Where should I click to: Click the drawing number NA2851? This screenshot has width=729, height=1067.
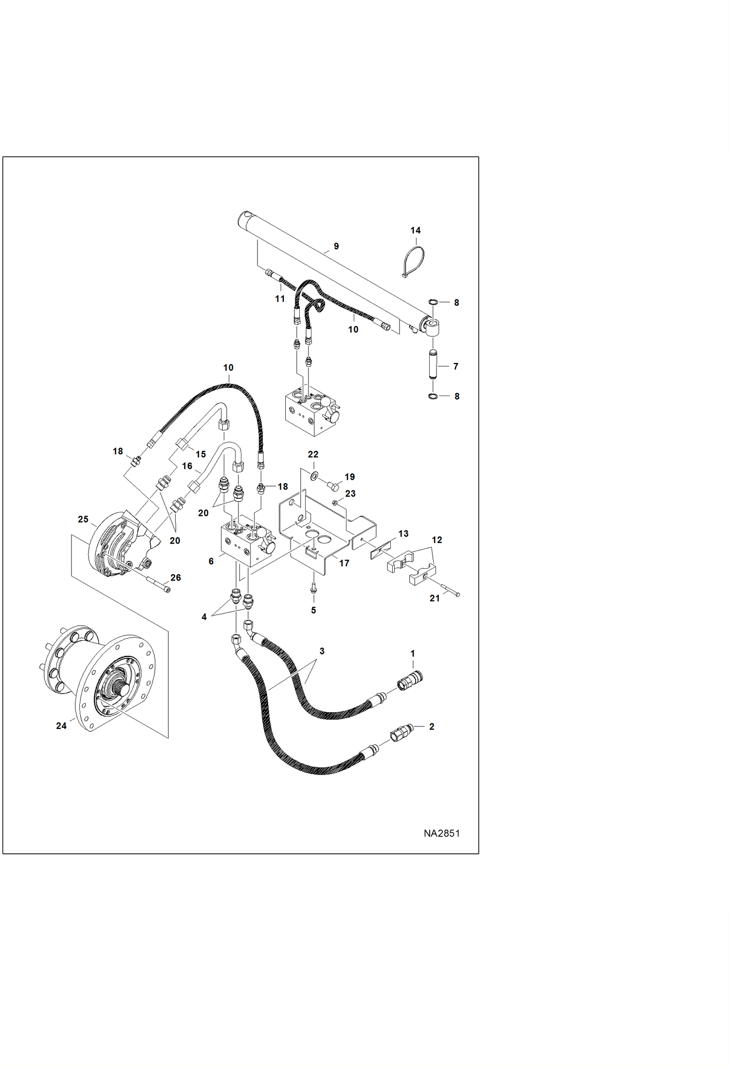tap(441, 833)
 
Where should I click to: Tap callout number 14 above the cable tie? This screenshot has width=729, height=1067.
tap(415, 230)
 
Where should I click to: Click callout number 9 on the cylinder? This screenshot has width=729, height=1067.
tap(336, 246)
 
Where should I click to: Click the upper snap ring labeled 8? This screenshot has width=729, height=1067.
tap(432, 302)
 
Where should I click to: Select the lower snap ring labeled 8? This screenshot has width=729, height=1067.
tap(432, 397)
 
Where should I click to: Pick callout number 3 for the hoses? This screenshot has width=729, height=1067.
tap(322, 651)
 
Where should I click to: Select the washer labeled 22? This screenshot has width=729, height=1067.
tap(314, 475)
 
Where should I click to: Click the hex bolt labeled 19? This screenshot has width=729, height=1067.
tap(333, 485)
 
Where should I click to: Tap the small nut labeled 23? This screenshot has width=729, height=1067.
tap(335, 502)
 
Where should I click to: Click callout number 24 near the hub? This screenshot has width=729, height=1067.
tap(61, 725)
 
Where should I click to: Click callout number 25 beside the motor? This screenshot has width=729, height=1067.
tap(83, 519)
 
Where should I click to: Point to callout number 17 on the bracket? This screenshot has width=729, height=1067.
tap(344, 563)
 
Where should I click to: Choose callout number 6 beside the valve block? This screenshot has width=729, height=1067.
tap(211, 561)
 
